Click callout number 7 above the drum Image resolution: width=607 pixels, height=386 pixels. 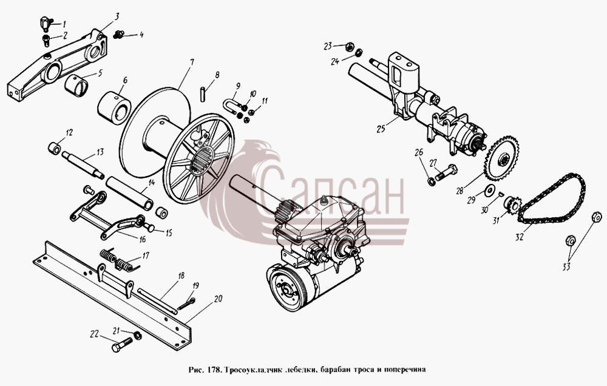[x=192, y=62]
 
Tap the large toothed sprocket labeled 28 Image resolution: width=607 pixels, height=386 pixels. [x=503, y=158]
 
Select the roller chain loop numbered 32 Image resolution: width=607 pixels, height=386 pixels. [x=551, y=198]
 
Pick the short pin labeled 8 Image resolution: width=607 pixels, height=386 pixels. [x=203, y=95]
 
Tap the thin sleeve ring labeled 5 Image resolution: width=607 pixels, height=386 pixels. [x=77, y=85]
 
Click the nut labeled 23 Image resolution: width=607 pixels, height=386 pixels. [x=349, y=47]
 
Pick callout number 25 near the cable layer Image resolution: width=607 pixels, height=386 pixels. [x=381, y=128]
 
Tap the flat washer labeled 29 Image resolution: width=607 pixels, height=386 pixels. [x=490, y=190]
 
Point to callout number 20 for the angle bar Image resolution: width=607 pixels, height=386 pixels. [x=218, y=299]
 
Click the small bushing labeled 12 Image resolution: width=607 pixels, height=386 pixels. [x=55, y=147]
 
